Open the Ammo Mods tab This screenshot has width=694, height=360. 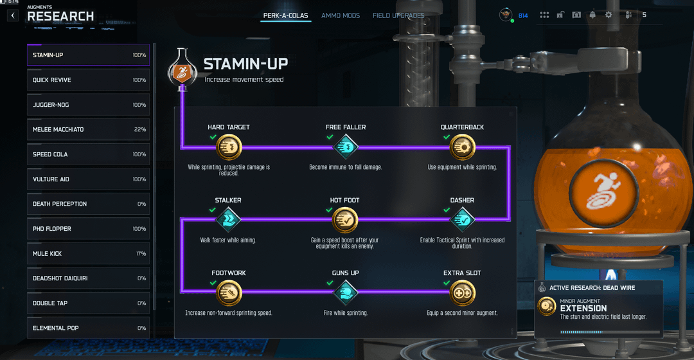pos(341,15)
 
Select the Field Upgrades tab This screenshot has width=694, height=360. pos(398,15)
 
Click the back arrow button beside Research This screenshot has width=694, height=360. pos(13,15)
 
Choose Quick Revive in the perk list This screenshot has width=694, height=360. pos(88,80)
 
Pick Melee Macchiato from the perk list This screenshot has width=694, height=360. pos(88,129)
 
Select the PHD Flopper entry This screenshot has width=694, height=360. pos(88,229)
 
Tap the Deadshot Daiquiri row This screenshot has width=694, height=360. pos(88,278)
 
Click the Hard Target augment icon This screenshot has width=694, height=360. pos(229,147)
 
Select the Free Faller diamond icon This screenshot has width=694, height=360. pos(346,147)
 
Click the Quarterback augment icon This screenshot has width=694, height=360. pos(462,147)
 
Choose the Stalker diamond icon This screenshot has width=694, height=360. pos(229,220)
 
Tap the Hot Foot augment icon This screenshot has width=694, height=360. pos(345,220)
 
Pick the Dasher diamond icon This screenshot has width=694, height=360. pos(462,220)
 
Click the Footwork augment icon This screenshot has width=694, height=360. pos(229,293)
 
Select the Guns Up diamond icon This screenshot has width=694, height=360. pos(346,293)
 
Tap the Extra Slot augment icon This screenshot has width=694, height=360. pos(462,293)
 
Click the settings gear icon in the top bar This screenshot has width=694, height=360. pos(609,15)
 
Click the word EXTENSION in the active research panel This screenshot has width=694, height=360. pos(583,309)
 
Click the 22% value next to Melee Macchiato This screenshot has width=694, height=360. pos(139,129)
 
